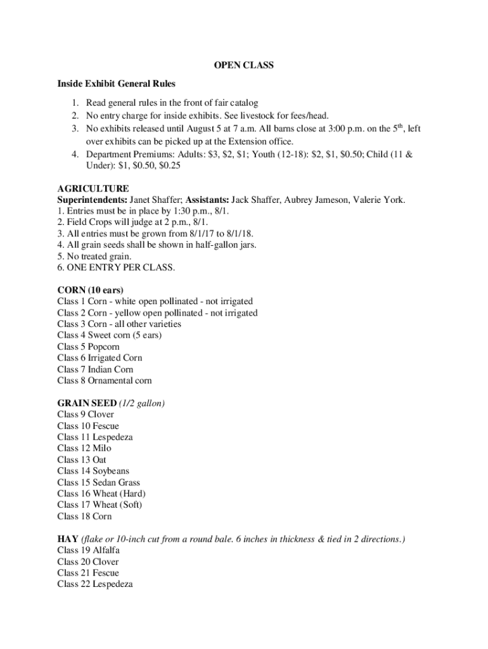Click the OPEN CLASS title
pos(243,66)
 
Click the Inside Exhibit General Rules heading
pos(116,84)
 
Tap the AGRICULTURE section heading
pos(93,189)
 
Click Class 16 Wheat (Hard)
pos(97,494)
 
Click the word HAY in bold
pos(67,539)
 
